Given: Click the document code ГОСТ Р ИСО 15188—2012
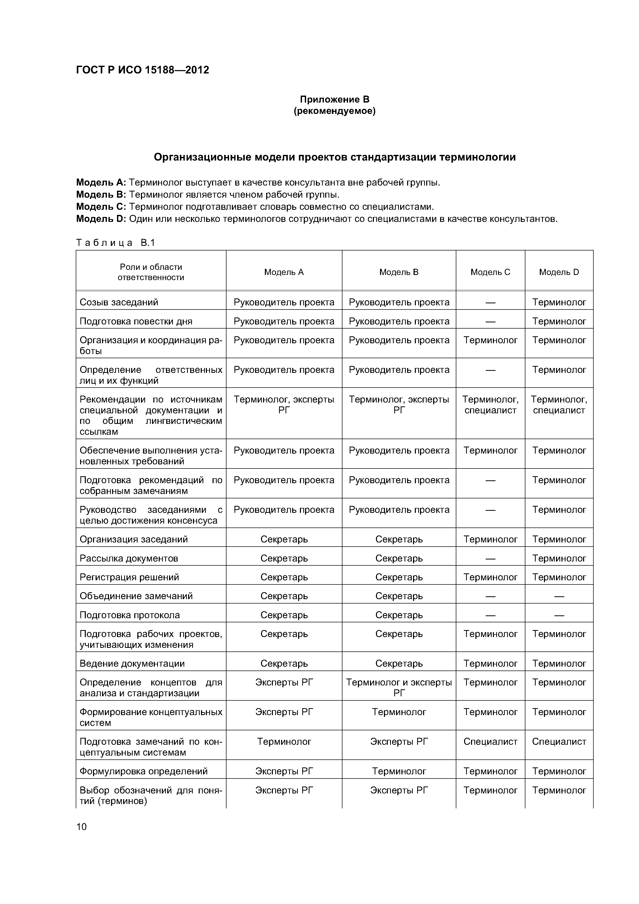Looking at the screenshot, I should [x=142, y=70].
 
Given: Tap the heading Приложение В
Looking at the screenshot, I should [x=335, y=99].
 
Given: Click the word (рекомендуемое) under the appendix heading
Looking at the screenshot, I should [x=335, y=111].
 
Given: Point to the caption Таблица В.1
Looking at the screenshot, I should [x=116, y=242].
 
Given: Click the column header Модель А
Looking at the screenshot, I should [x=284, y=272].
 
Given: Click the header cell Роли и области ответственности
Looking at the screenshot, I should [x=151, y=272].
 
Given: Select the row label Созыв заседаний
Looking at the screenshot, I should [x=119, y=302].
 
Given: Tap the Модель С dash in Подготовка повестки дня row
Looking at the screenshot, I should [x=490, y=322].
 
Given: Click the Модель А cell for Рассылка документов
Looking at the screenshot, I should [x=284, y=558].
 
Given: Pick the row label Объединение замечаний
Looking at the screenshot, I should [x=136, y=596].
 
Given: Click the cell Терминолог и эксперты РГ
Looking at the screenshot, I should [x=399, y=688].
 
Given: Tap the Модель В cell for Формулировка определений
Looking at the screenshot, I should [x=399, y=771].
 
